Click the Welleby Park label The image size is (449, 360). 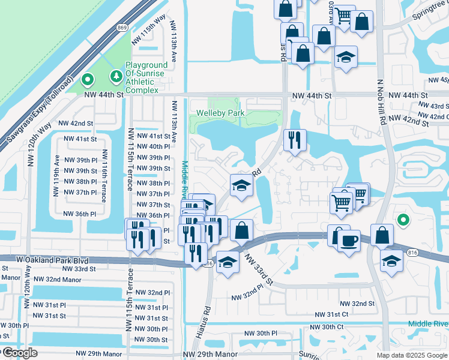pyautogui.click(x=219, y=113)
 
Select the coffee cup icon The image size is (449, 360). pyautogui.click(x=348, y=241)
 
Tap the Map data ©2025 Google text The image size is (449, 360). pyautogui.click(x=412, y=355)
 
